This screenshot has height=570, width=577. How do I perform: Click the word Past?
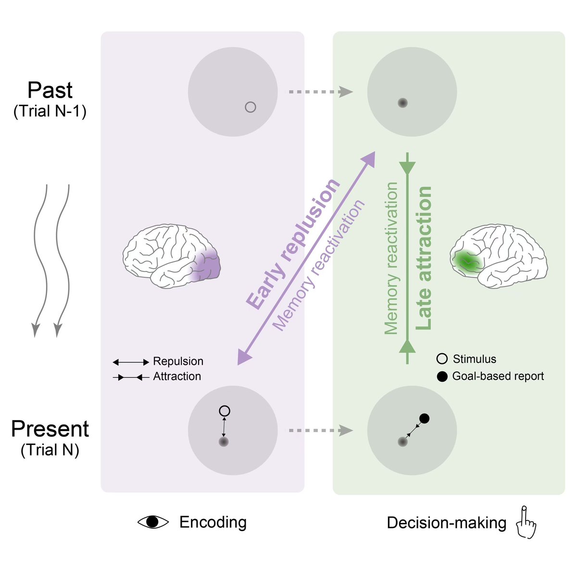(x=50, y=90)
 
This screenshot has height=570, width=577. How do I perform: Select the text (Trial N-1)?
(x=50, y=112)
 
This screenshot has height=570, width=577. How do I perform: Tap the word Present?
(x=50, y=429)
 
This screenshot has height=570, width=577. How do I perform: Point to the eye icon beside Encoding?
(x=153, y=522)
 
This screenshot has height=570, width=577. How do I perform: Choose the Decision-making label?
(x=446, y=523)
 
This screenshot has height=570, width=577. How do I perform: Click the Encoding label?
(x=213, y=522)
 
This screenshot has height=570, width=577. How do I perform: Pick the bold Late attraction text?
(x=423, y=258)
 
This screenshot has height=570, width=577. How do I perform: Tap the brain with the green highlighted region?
(x=499, y=257)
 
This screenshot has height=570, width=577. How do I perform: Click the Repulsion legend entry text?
(x=178, y=361)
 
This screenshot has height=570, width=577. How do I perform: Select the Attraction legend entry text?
(x=177, y=376)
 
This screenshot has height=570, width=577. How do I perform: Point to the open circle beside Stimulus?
(x=442, y=359)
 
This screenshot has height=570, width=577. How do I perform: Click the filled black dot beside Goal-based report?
(x=442, y=376)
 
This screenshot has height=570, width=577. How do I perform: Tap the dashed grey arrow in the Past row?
(x=319, y=91)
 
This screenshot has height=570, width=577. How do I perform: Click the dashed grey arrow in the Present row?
(x=319, y=430)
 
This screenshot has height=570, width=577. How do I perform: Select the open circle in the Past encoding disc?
(x=250, y=107)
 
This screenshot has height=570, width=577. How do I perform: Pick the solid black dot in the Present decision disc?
(x=424, y=418)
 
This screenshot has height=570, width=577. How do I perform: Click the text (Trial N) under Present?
(x=50, y=450)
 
